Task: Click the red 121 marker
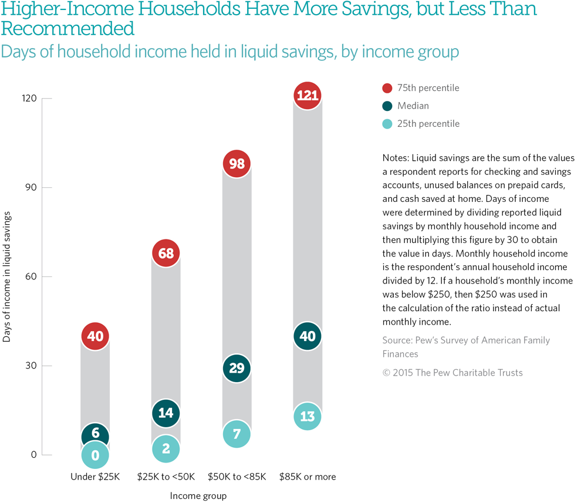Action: click(x=308, y=95)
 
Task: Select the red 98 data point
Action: click(x=237, y=164)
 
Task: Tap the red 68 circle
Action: click(x=165, y=253)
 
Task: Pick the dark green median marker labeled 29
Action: click(x=237, y=369)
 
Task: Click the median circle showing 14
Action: click(x=165, y=413)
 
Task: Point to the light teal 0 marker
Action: click(x=95, y=455)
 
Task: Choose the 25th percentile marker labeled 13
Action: click(x=308, y=416)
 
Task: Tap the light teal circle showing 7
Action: click(x=237, y=434)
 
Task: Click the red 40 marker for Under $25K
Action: click(x=95, y=336)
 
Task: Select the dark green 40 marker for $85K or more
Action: click(x=308, y=336)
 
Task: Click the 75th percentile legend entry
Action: click(x=420, y=88)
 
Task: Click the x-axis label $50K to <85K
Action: click(x=237, y=477)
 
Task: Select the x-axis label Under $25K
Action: click(x=95, y=477)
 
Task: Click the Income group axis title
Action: click(x=198, y=496)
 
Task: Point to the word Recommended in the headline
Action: click(x=68, y=28)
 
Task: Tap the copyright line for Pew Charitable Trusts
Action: click(x=452, y=373)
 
